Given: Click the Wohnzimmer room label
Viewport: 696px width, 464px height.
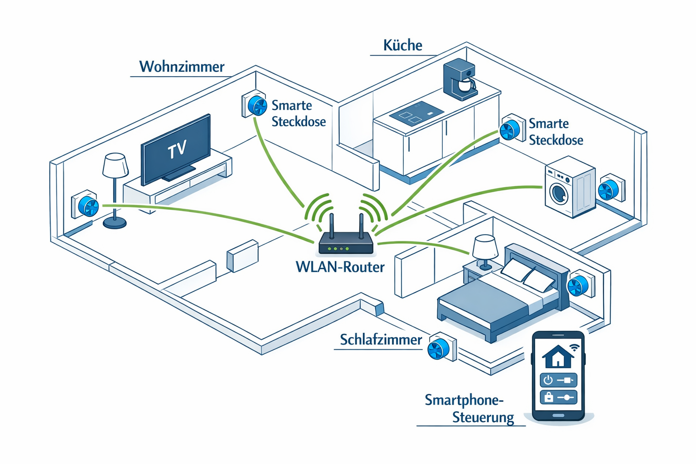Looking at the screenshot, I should tap(182, 67).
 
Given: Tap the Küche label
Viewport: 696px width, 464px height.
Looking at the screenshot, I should tap(402, 45).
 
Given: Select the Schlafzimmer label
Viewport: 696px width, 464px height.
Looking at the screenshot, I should tap(381, 340).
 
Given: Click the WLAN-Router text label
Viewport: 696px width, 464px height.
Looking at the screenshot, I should tap(340, 267).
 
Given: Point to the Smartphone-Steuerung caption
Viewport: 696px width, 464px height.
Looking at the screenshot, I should tap(464, 408).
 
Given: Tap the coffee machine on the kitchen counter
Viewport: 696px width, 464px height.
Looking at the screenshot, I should tap(460, 79).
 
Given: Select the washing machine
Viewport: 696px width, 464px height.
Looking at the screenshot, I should tap(569, 187).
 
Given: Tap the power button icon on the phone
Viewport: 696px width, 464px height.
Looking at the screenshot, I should tap(548, 380).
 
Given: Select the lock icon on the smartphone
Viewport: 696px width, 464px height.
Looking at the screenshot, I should tap(549, 397).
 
